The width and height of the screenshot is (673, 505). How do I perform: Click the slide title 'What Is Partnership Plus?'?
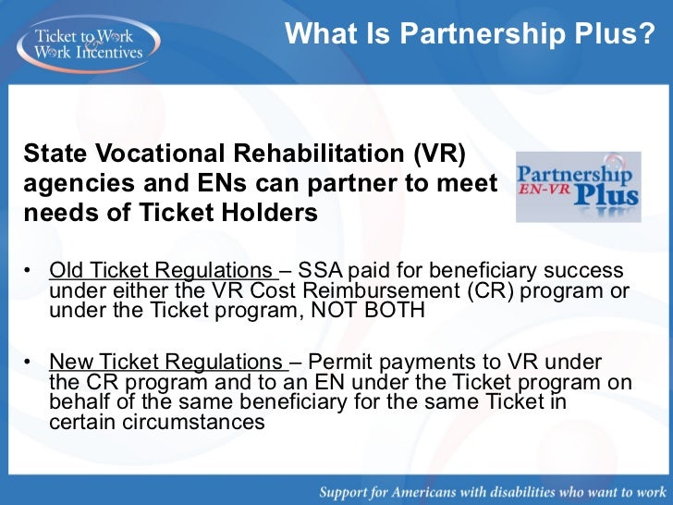coord(470,34)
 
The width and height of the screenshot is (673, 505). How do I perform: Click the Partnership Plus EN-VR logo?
coord(577,187)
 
